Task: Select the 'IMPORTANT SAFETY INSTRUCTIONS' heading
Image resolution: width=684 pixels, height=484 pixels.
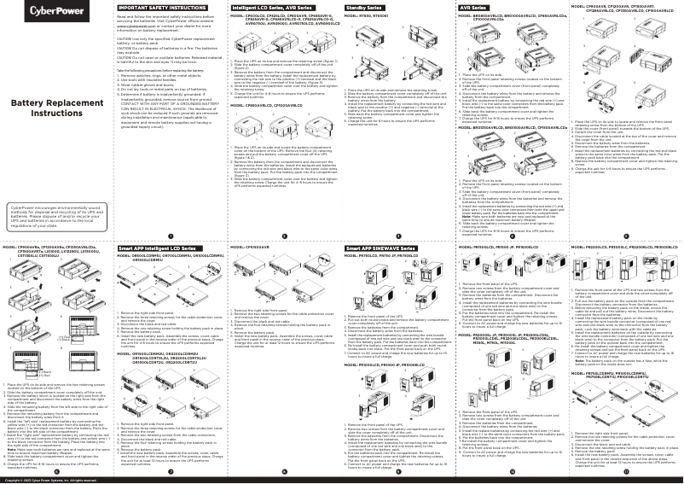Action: click(150, 7)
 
